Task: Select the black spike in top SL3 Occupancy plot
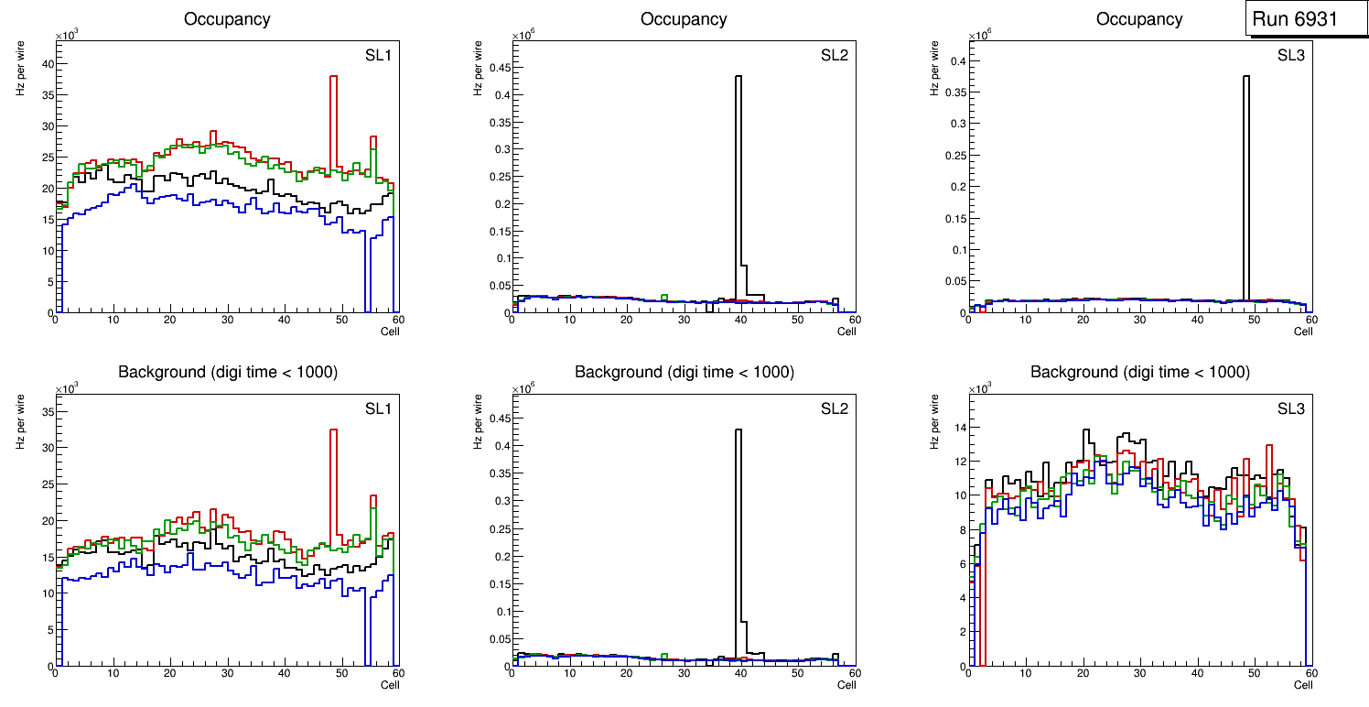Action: click(1245, 183)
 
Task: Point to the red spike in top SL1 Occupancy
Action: click(334, 110)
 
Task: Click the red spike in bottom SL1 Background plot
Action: click(334, 476)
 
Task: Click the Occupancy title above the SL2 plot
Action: click(684, 18)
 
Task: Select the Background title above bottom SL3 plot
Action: click(1139, 372)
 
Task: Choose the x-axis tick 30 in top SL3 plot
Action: click(1139, 320)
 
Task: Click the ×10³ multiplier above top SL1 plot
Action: click(67, 36)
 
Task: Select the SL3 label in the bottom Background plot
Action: click(1291, 408)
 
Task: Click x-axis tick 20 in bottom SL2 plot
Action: click(626, 673)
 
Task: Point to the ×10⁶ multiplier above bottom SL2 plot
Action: click(523, 389)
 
